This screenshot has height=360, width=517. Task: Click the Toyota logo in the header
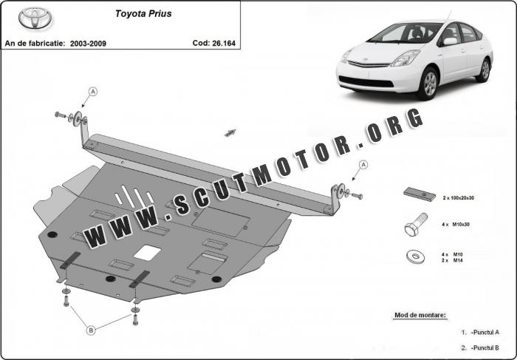point(32,17)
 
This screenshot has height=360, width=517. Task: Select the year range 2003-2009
point(89,44)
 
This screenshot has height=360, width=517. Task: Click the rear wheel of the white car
point(484,69)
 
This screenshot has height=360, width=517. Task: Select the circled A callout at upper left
point(94,91)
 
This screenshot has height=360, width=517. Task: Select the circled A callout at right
point(363,164)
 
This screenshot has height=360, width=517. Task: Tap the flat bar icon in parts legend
point(419,194)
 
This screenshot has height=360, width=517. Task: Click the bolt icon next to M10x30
point(413,225)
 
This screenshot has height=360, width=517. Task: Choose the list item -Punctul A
point(485,332)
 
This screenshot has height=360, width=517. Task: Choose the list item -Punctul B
point(485,347)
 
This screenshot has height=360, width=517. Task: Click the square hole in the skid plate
point(148,252)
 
